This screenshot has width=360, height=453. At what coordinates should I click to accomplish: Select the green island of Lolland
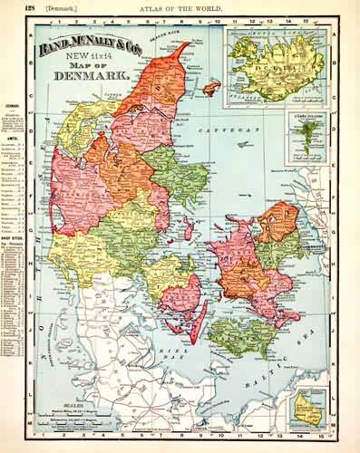coord(240,335)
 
